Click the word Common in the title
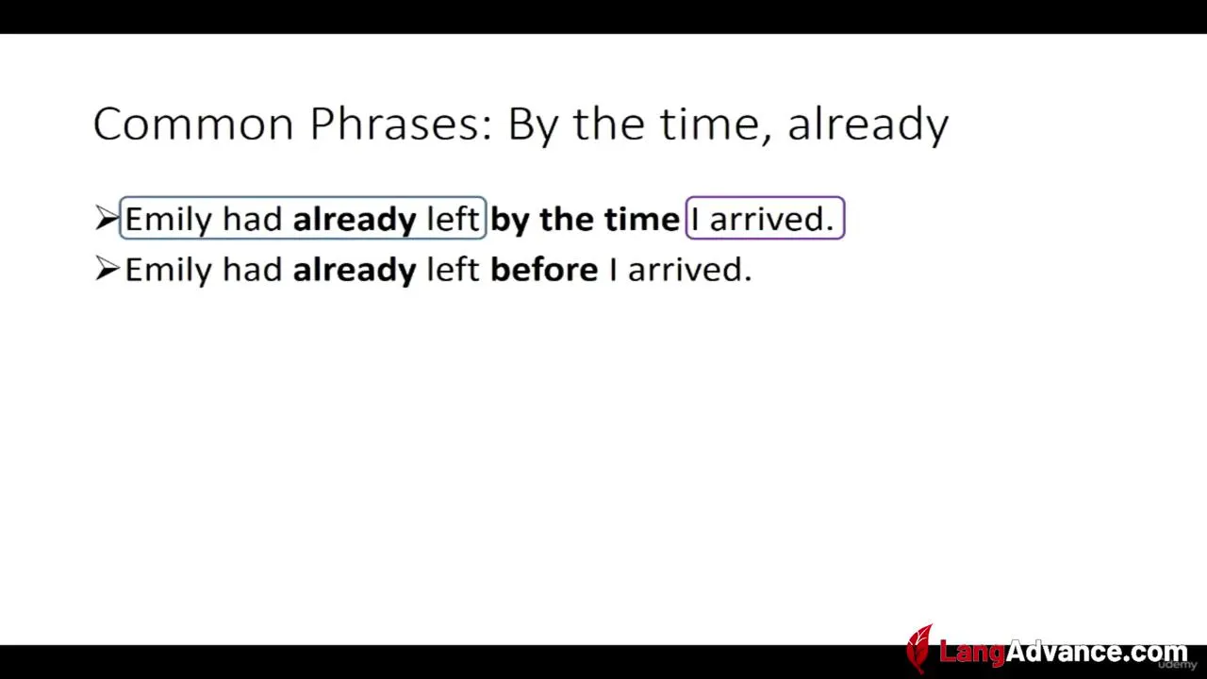click(193, 124)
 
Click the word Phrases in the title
click(401, 124)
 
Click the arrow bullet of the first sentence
click(107, 218)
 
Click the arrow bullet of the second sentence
click(107, 268)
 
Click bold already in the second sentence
click(355, 271)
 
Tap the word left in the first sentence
click(453, 219)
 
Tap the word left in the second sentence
click(453, 269)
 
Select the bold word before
click(544, 269)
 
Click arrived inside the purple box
click(771, 220)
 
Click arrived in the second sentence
click(689, 270)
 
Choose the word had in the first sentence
click(253, 219)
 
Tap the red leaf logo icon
click(919, 648)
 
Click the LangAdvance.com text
click(1063, 652)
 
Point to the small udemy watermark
click(1178, 665)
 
